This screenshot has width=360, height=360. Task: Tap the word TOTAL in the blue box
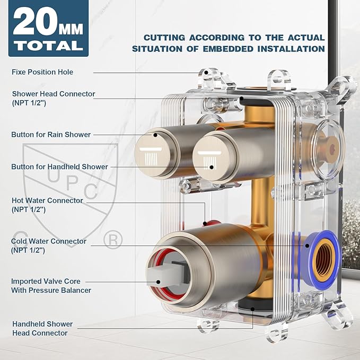coord(48,46)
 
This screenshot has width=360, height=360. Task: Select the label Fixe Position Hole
coord(42,72)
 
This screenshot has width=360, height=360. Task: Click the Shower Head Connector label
coord(54,98)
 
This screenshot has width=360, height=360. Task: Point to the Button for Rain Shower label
coord(51,135)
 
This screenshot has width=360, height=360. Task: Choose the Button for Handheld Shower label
coord(60,166)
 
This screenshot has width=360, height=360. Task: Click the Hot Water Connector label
coord(47,205)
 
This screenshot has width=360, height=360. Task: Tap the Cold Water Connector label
coord(49,245)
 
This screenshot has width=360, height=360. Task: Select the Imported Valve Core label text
coord(51,286)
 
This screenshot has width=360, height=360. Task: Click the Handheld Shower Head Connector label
coord(42,328)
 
